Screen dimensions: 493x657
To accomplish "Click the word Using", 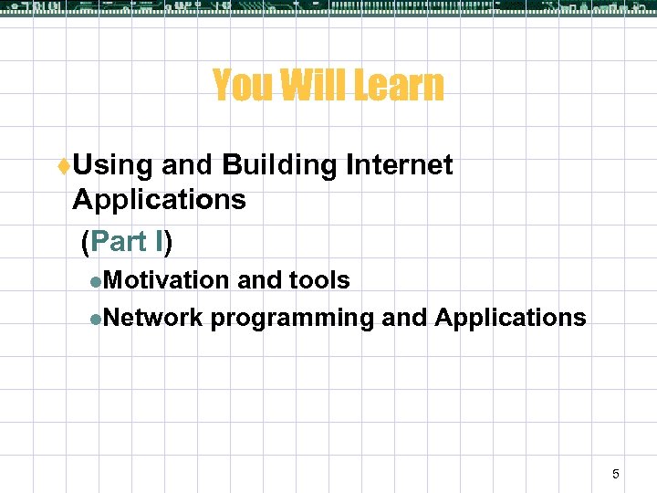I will click(x=113, y=165).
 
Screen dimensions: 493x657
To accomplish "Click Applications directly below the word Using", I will click(x=159, y=200).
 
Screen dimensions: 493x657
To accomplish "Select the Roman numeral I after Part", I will click(x=161, y=241).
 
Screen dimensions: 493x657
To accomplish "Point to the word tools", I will click(x=318, y=280).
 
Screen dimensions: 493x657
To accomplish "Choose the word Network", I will click(x=151, y=318).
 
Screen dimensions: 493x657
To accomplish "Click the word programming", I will click(x=292, y=319).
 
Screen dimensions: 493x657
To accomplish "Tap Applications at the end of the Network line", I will click(x=510, y=318).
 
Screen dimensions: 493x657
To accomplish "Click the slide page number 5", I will click(x=615, y=474).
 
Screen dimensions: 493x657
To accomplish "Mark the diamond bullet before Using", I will click(x=65, y=166).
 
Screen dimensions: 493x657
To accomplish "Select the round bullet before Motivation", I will click(x=96, y=281).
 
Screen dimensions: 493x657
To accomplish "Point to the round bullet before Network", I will click(x=96, y=319).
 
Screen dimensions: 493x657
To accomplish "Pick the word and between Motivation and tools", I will click(x=259, y=280).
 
